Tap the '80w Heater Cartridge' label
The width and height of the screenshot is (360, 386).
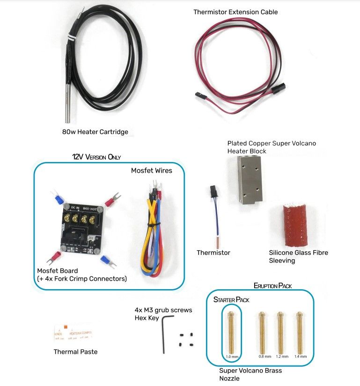[95, 132]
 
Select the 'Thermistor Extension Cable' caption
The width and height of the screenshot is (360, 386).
[235, 12]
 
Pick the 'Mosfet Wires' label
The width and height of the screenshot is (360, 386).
[151, 171]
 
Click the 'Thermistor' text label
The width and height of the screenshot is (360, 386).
[213, 253]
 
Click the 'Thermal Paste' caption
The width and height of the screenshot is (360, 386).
[76, 352]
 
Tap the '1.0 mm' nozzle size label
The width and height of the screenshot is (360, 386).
[232, 357]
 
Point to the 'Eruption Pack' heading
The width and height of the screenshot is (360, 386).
[273, 285]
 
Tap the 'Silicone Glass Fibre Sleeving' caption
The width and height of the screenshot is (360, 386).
[298, 256]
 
